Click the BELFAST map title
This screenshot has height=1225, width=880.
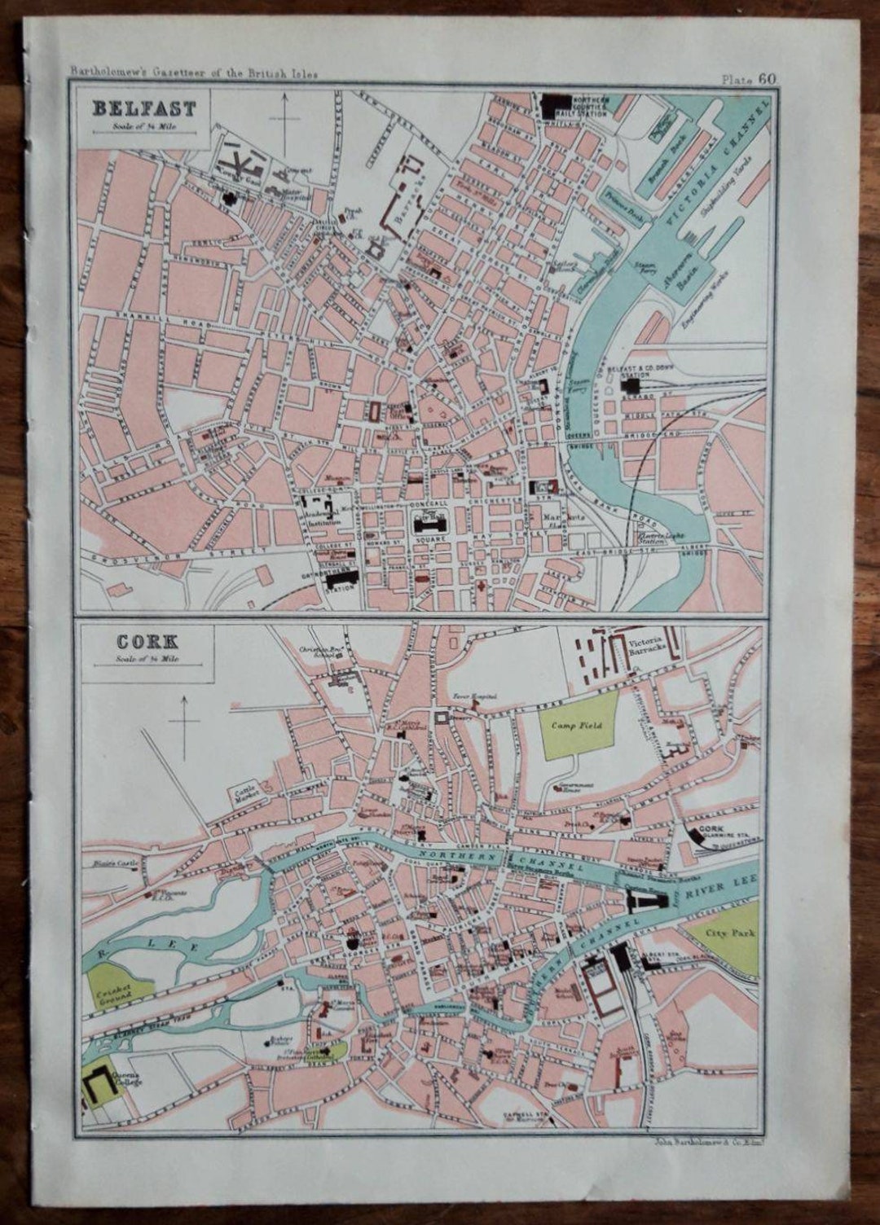(143, 108)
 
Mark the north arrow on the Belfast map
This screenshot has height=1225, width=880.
(284, 122)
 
